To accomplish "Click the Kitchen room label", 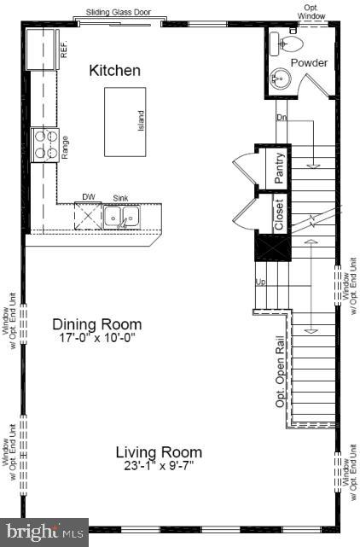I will (x=115, y=71).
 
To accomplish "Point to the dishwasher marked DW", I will (x=89, y=217).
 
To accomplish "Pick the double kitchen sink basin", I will (x=124, y=218).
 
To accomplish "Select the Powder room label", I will (x=309, y=63).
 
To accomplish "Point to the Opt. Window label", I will (x=316, y=12).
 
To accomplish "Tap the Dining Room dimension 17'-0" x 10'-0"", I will (x=97, y=338).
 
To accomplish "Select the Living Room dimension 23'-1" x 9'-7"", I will (x=160, y=466).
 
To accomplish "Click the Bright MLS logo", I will (x=44, y=532).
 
